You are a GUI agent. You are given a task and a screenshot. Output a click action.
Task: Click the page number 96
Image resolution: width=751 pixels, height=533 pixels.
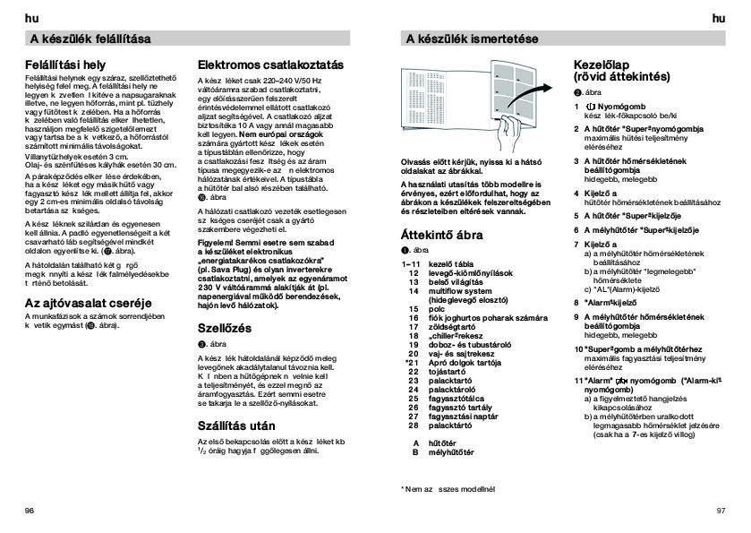pos(30,510)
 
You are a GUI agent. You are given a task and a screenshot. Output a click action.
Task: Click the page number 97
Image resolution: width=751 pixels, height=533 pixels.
pos(721,510)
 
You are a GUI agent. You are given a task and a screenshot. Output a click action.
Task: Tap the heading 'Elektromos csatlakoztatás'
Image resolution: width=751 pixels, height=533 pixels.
pos(269,65)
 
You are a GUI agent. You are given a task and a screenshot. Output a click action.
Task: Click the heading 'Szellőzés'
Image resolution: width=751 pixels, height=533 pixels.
pos(224,329)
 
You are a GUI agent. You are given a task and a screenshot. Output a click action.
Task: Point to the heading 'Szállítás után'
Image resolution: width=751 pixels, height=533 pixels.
pos(236,426)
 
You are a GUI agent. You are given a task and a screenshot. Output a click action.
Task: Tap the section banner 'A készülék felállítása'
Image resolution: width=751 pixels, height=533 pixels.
pos(90,39)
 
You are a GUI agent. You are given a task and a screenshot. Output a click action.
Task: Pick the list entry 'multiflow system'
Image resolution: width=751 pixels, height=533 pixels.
pos(463,291)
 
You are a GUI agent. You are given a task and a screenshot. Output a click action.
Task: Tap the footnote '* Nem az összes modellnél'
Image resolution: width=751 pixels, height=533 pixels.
pos(448,489)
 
